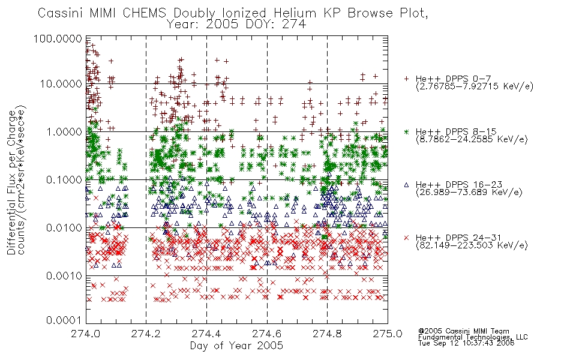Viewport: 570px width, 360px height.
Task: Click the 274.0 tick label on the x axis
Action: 85,334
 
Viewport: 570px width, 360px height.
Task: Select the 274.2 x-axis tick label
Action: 146,334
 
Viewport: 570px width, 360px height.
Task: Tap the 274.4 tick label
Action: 206,334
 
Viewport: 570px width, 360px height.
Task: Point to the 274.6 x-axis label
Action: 267,334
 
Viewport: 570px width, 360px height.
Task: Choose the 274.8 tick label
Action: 327,334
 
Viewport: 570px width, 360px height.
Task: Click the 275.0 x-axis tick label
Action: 388,334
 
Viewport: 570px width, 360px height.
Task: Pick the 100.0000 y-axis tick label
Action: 58,38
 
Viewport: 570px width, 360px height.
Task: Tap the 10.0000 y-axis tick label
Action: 61,84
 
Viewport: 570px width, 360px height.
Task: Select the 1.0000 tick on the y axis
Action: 64,131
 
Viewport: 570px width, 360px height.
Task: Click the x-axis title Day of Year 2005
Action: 236,346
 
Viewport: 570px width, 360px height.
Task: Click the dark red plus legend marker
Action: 406,79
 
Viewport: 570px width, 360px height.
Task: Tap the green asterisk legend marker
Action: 406,131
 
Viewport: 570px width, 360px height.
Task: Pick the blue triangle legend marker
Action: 406,185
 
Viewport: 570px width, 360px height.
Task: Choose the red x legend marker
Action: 406,238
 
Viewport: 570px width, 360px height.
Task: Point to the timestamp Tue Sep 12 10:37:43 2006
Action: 466,343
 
